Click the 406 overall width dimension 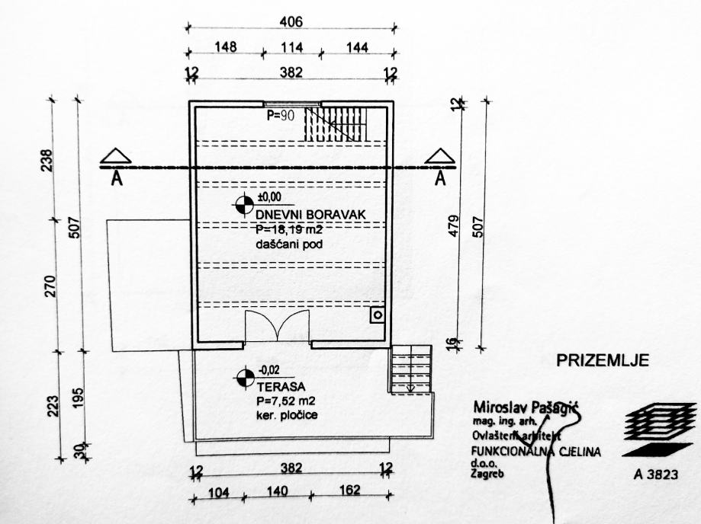(x=291, y=23)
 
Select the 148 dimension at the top (x=226, y=47)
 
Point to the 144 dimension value (x=356, y=47)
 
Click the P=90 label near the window (x=281, y=116)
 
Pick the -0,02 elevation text (x=269, y=371)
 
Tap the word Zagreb (x=488, y=472)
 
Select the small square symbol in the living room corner (x=377, y=315)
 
